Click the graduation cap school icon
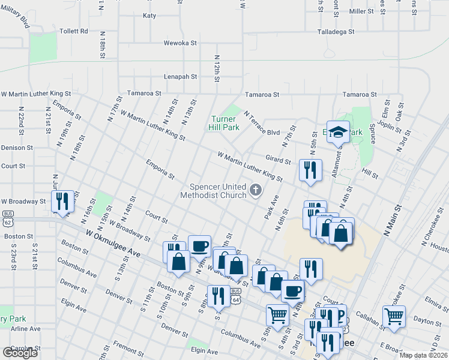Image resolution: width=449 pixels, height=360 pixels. point(339,132)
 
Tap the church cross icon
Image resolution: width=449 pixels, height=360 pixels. point(256,191)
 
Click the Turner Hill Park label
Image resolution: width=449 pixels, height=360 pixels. point(223,123)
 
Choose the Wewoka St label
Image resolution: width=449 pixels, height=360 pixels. point(181,43)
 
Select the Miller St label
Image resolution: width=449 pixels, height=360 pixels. point(361,11)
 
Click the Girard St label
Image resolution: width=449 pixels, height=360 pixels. point(279,161)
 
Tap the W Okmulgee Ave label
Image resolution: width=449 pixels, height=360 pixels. point(113,245)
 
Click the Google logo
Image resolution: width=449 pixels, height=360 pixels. point(20,353)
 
